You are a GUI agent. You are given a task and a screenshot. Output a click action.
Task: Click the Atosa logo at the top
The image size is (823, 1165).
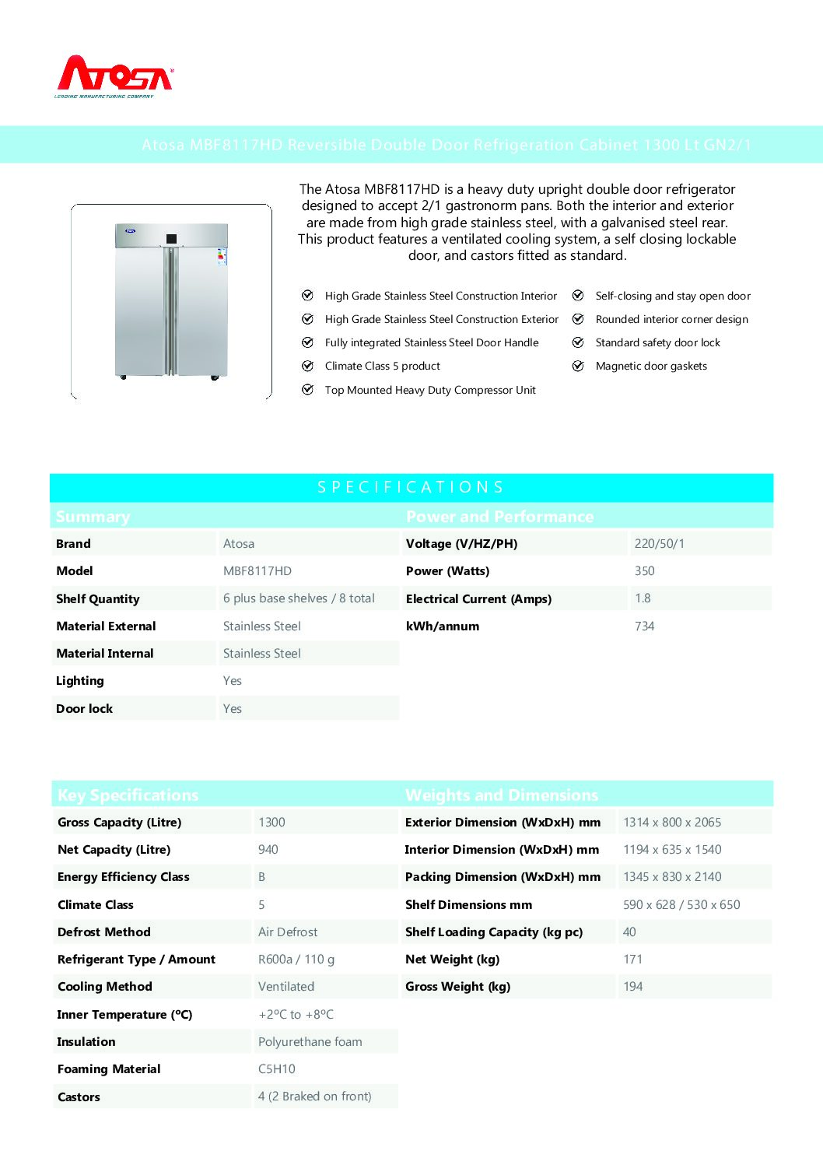[114, 76]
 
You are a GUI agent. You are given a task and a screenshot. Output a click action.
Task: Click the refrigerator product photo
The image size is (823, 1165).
[171, 301]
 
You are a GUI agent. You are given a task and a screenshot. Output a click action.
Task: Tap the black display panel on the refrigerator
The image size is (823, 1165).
[171, 238]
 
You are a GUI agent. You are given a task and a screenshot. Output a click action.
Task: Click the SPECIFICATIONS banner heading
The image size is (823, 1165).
[411, 487]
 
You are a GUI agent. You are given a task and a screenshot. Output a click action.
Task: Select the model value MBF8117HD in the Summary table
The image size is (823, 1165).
[257, 571]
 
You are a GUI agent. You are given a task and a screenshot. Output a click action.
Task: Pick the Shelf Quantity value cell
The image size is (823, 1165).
[299, 598]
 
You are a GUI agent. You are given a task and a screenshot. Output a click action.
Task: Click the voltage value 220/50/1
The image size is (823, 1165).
[660, 544]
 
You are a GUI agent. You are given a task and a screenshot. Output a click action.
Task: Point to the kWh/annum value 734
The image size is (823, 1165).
[645, 626]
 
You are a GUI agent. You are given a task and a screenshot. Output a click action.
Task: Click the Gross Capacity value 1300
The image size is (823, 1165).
[271, 823]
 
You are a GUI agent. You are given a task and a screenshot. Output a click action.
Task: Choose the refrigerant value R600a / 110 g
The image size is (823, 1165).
[296, 960]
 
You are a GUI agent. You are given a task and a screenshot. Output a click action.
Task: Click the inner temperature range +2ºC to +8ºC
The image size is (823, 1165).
[296, 1015]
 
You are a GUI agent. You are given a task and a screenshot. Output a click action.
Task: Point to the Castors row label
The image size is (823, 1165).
[79, 1097]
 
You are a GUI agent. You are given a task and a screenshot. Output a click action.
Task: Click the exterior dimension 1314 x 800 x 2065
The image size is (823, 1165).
[672, 823]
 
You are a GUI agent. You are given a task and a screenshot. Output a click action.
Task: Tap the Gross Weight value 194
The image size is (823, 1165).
[633, 987]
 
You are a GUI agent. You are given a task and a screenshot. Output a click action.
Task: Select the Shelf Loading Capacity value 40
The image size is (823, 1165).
[629, 932]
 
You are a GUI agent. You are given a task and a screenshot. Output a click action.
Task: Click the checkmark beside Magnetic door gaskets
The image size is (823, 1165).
[578, 367]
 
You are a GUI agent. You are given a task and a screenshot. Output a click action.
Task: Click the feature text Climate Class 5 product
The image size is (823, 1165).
[383, 367]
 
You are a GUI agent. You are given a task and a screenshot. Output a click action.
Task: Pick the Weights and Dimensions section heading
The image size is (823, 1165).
[502, 795]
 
